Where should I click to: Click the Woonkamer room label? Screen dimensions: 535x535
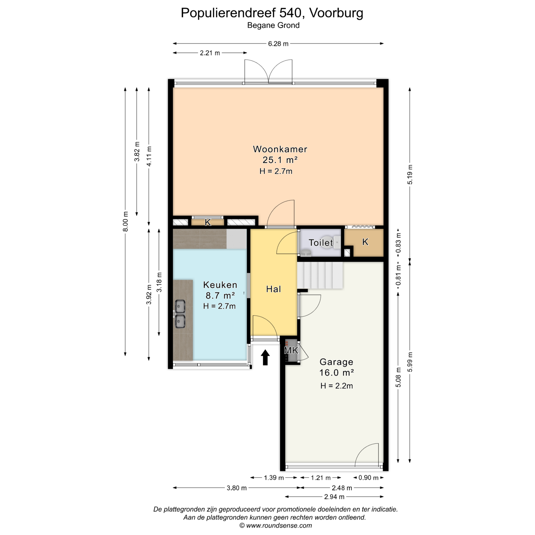click(280, 149)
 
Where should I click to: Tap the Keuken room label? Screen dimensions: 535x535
click(220, 285)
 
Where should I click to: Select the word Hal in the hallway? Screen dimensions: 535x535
click(273, 289)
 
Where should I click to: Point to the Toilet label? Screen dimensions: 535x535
click(321, 242)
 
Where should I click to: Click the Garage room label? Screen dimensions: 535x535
click(336, 362)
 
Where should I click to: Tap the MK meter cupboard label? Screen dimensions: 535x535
click(291, 350)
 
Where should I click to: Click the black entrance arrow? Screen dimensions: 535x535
click(265, 357)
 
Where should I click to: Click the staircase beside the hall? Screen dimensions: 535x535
click(320, 275)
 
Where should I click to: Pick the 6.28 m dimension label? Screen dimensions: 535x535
click(278, 44)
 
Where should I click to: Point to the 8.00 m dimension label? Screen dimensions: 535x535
click(126, 222)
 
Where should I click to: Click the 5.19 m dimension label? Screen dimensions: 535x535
click(410, 174)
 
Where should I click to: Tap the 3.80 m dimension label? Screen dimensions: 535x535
click(237, 488)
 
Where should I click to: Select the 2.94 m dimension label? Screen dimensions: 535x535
click(334, 497)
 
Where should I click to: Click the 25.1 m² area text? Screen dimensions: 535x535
click(280, 160)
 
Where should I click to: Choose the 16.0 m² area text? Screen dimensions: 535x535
click(337, 373)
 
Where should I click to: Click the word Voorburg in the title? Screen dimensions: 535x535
click(336, 13)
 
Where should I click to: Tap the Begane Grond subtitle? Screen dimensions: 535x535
click(273, 25)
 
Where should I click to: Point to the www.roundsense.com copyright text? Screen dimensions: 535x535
click(276, 526)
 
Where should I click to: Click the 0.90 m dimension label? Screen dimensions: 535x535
click(368, 478)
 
